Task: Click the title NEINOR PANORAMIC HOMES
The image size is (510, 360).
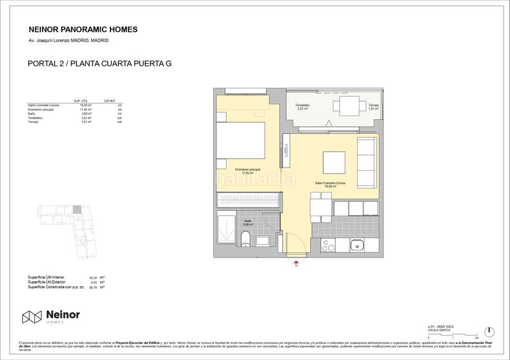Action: pyautogui.click(x=83, y=29)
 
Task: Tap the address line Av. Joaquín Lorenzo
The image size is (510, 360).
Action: pyautogui.click(x=68, y=40)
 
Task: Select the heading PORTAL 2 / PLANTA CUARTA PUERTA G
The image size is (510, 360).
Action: pyautogui.click(x=100, y=64)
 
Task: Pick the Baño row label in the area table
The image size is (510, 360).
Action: pyautogui.click(x=33, y=113)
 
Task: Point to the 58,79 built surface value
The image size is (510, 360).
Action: pyautogui.click(x=92, y=287)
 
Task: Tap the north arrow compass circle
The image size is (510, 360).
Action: pyautogui.click(x=488, y=331)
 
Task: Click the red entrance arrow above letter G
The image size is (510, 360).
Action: pyautogui.click(x=296, y=260)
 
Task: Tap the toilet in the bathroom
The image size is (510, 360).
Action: pyautogui.click(x=245, y=240)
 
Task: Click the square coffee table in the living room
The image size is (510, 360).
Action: pyautogui.click(x=333, y=162)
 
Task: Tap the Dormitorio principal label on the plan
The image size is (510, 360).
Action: pyautogui.click(x=247, y=170)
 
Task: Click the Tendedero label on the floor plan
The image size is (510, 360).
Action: pyautogui.click(x=302, y=106)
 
